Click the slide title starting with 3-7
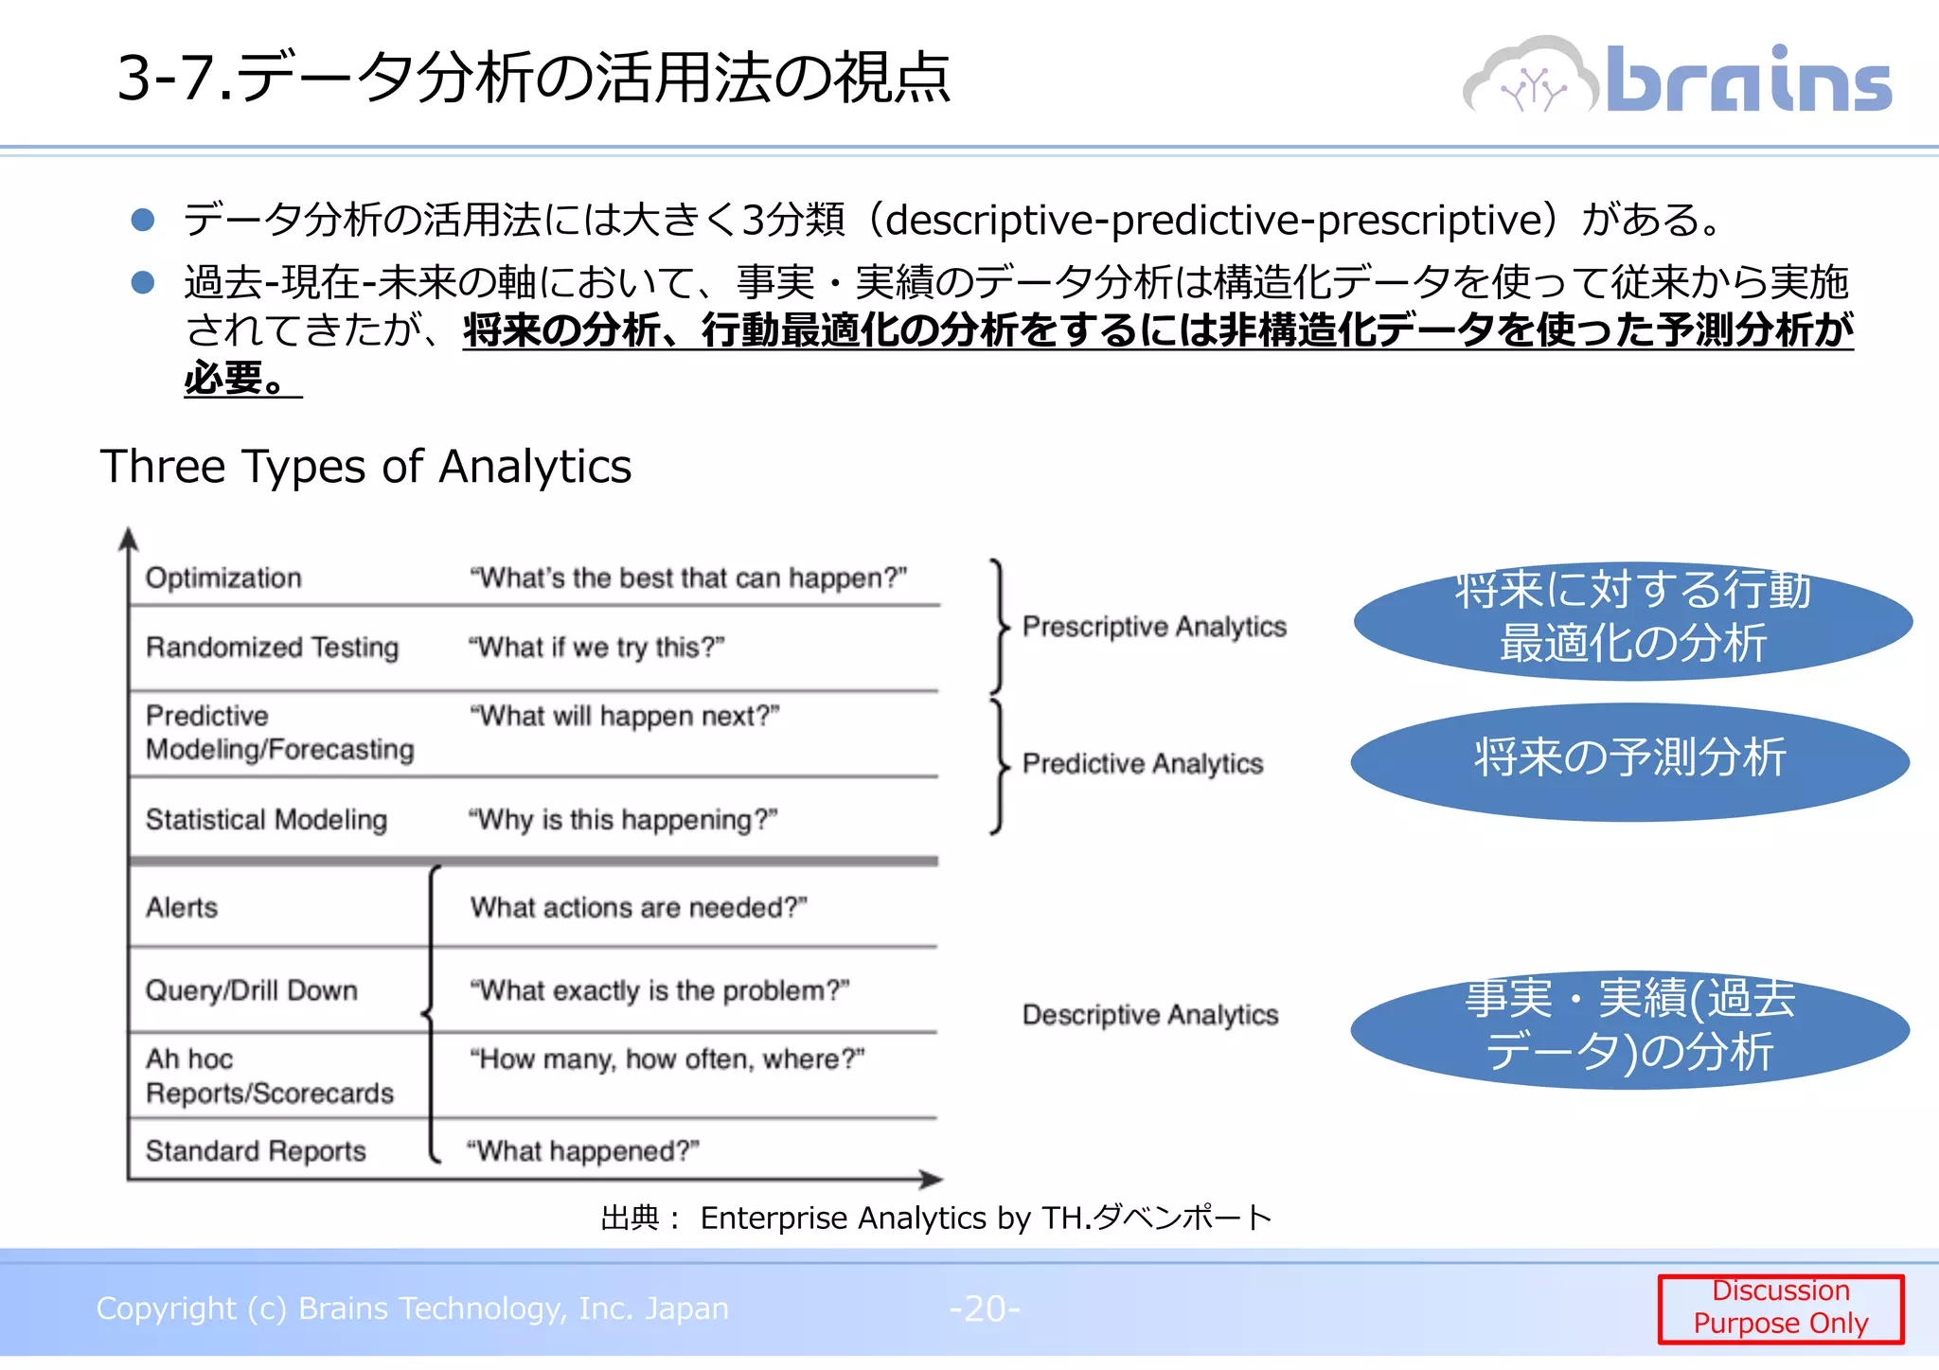(533, 78)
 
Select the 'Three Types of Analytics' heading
(365, 467)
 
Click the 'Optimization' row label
(223, 578)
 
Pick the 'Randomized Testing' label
(272, 648)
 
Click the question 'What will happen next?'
(624, 716)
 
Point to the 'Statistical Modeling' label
(266, 819)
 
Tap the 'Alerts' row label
(182, 907)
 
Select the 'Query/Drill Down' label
(251, 990)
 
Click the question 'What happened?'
(583, 1151)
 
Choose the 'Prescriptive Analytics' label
(1154, 627)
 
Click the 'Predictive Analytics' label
(1143, 763)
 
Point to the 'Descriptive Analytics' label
(1149, 1015)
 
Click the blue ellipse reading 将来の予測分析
(1629, 761)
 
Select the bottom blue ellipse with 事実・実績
(1629, 1029)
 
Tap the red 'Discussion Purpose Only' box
(1780, 1308)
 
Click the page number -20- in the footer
(985, 1308)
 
